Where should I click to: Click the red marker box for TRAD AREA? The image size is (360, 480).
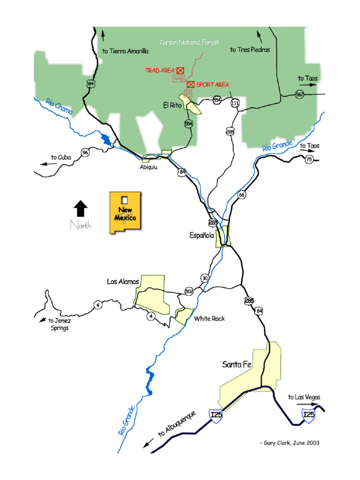click(x=180, y=70)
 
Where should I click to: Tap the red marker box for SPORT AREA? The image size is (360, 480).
click(x=191, y=84)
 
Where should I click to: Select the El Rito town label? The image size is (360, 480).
click(x=172, y=106)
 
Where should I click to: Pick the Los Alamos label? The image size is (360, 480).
click(x=123, y=282)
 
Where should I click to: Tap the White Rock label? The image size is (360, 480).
click(x=209, y=319)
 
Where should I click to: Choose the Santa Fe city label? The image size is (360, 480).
click(x=238, y=364)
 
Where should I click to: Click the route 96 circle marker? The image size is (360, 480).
click(x=85, y=152)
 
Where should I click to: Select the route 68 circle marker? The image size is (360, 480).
click(x=241, y=195)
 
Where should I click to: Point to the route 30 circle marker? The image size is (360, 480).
click(x=204, y=278)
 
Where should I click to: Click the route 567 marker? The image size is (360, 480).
click(x=300, y=94)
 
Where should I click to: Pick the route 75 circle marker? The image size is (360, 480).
click(x=308, y=160)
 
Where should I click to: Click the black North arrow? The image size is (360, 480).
click(x=81, y=208)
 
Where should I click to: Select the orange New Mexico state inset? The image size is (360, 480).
click(x=126, y=212)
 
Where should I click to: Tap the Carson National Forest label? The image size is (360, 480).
click(x=189, y=43)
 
